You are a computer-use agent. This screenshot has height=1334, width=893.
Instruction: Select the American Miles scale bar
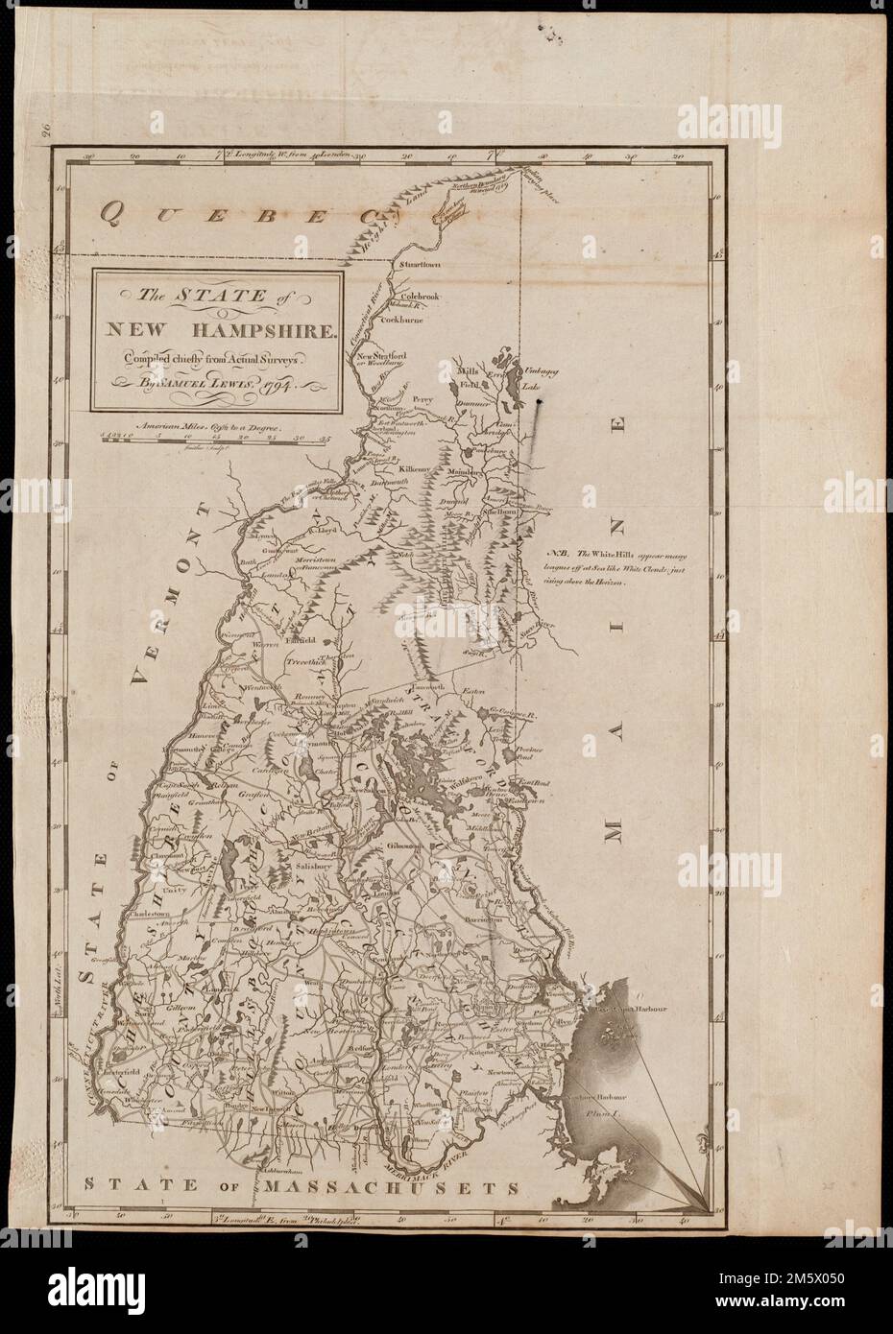[215, 440]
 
